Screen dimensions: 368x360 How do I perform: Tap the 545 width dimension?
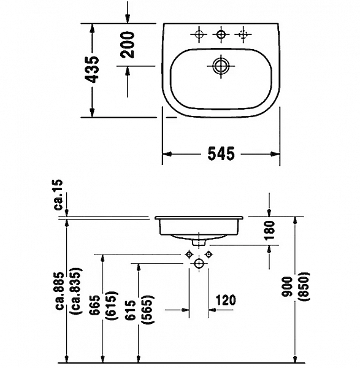click(221, 154)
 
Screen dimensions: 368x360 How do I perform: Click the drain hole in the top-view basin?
click(220, 64)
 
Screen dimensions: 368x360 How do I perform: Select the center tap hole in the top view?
click(220, 34)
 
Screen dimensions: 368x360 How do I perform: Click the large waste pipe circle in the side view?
click(198, 264)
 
